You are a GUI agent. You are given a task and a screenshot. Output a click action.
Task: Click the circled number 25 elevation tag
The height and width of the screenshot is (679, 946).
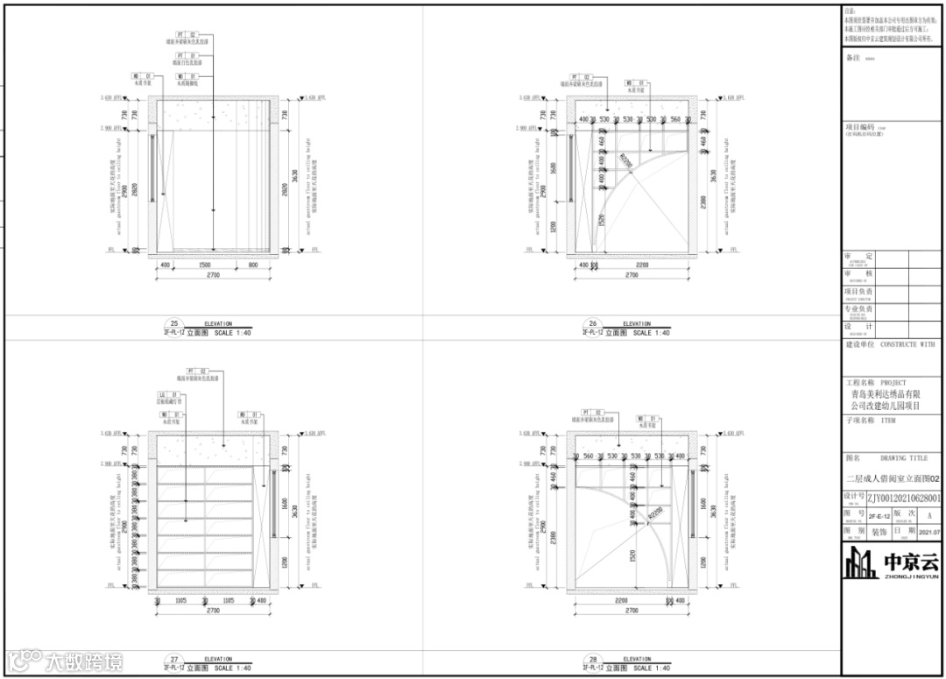pos(173,323)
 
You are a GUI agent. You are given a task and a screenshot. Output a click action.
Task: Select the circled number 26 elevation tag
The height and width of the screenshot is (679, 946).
pos(592,323)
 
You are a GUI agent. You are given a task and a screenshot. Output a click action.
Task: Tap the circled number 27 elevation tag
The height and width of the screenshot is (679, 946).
pos(173,660)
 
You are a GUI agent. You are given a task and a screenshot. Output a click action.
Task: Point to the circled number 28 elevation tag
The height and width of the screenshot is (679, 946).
pos(592,660)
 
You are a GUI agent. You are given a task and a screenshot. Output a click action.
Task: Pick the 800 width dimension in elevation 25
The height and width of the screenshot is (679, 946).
pos(252,264)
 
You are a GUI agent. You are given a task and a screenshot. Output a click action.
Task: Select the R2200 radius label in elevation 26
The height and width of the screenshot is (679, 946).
pos(625,160)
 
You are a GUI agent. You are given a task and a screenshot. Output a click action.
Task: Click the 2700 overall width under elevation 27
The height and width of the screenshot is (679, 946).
pos(213,611)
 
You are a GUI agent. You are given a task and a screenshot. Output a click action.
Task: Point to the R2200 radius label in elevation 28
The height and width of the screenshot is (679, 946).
pos(653,518)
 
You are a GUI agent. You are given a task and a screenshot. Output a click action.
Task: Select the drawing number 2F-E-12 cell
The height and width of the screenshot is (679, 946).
pos(879,516)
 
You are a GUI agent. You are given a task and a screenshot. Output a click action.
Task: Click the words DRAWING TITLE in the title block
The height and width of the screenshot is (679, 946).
pos(903,458)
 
